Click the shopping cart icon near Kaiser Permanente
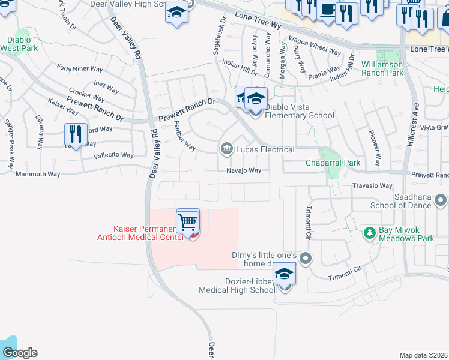[x=188, y=222]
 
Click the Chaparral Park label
[x=333, y=163]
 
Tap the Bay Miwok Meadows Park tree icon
[x=370, y=232]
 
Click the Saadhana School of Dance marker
[x=441, y=199]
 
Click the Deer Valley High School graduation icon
[x=176, y=13]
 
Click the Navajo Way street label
[x=244, y=170]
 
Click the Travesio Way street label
[x=372, y=186]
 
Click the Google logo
[x=20, y=353]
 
